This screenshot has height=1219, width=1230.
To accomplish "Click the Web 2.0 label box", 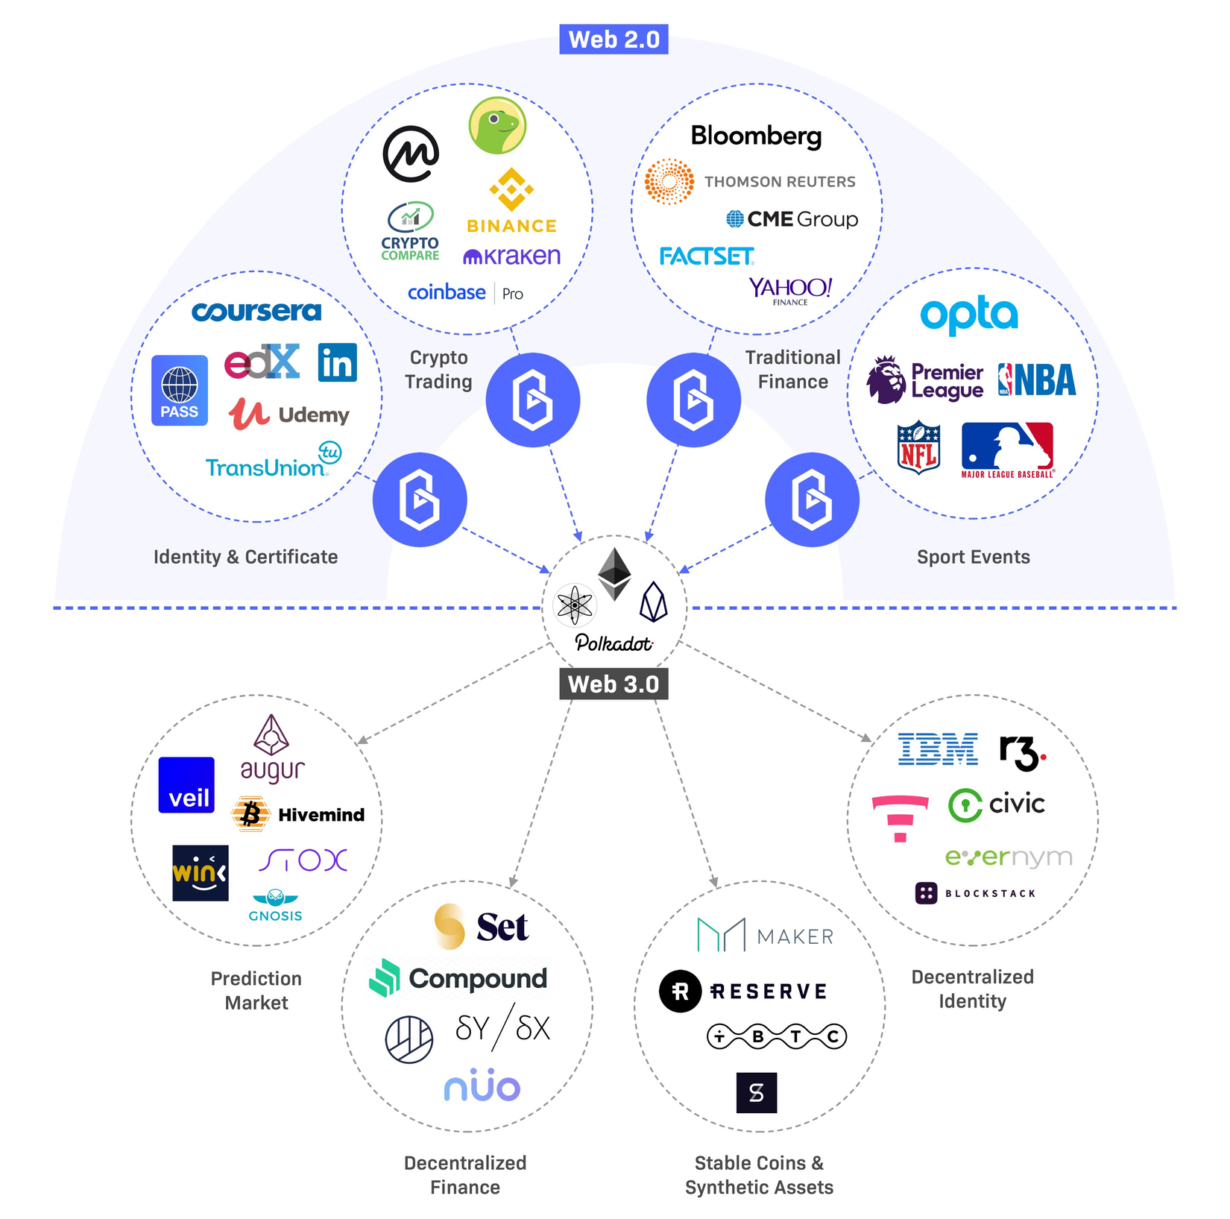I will pyautogui.click(x=614, y=40).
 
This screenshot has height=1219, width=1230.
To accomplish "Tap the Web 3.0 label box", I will pyautogui.click(x=614, y=684).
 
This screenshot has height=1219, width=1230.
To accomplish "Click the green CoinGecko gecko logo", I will pyautogui.click(x=497, y=125).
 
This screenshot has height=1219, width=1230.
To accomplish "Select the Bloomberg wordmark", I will pyautogui.click(x=756, y=136).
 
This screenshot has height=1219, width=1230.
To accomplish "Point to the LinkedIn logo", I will pyautogui.click(x=337, y=362).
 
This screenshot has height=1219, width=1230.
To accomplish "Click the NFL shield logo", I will pyautogui.click(x=918, y=447).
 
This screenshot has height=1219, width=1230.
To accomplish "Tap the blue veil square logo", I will pyautogui.click(x=186, y=785).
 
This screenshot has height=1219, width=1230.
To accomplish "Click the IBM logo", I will pyautogui.click(x=938, y=749).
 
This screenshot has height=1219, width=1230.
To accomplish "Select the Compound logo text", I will pyautogui.click(x=477, y=978).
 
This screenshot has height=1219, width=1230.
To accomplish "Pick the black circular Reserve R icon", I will pyautogui.click(x=680, y=991).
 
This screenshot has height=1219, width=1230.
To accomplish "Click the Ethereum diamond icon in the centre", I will pyautogui.click(x=614, y=573).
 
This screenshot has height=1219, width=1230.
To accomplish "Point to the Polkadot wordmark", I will pyautogui.click(x=614, y=643).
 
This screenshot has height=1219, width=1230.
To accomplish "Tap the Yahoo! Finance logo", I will pyautogui.click(x=790, y=290).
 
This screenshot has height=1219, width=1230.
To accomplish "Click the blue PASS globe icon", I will pyautogui.click(x=180, y=390).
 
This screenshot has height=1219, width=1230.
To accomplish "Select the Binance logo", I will pyautogui.click(x=511, y=201).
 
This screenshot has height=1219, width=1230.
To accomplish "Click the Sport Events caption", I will pyautogui.click(x=973, y=557).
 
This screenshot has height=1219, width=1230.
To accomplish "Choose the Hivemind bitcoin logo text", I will pyautogui.click(x=321, y=815).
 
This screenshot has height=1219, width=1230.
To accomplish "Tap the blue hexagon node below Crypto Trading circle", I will pyautogui.click(x=532, y=400).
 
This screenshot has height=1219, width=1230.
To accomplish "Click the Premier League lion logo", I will pyautogui.click(x=886, y=379).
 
